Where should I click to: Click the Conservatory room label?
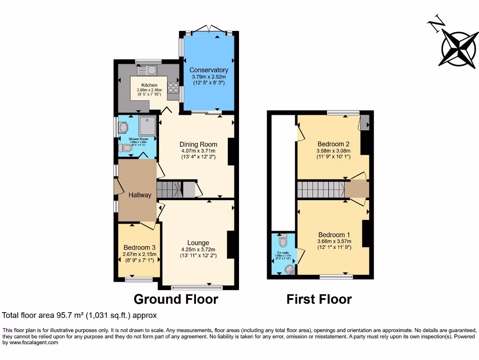209,70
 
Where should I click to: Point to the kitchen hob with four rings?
173,87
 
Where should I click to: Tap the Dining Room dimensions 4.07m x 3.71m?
199,151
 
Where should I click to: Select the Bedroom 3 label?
139,247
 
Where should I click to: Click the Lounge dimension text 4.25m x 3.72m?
198,249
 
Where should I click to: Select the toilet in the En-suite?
282,241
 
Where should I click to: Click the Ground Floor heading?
176,299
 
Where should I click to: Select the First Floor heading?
319,299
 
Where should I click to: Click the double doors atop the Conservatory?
209,29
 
